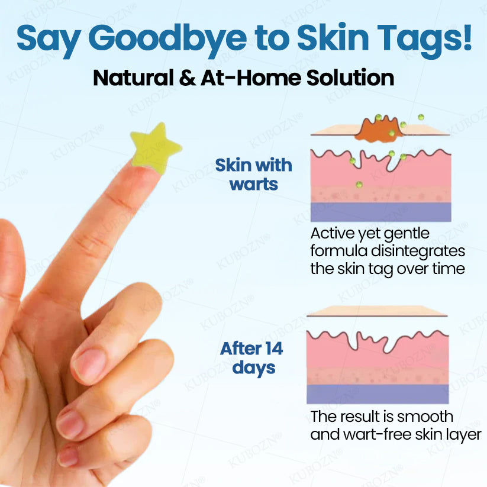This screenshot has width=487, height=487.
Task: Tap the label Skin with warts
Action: pos(253,174)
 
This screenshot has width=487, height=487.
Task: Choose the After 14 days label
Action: pos(251,358)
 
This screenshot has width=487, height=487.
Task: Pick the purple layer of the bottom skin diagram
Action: pos(378,394)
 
